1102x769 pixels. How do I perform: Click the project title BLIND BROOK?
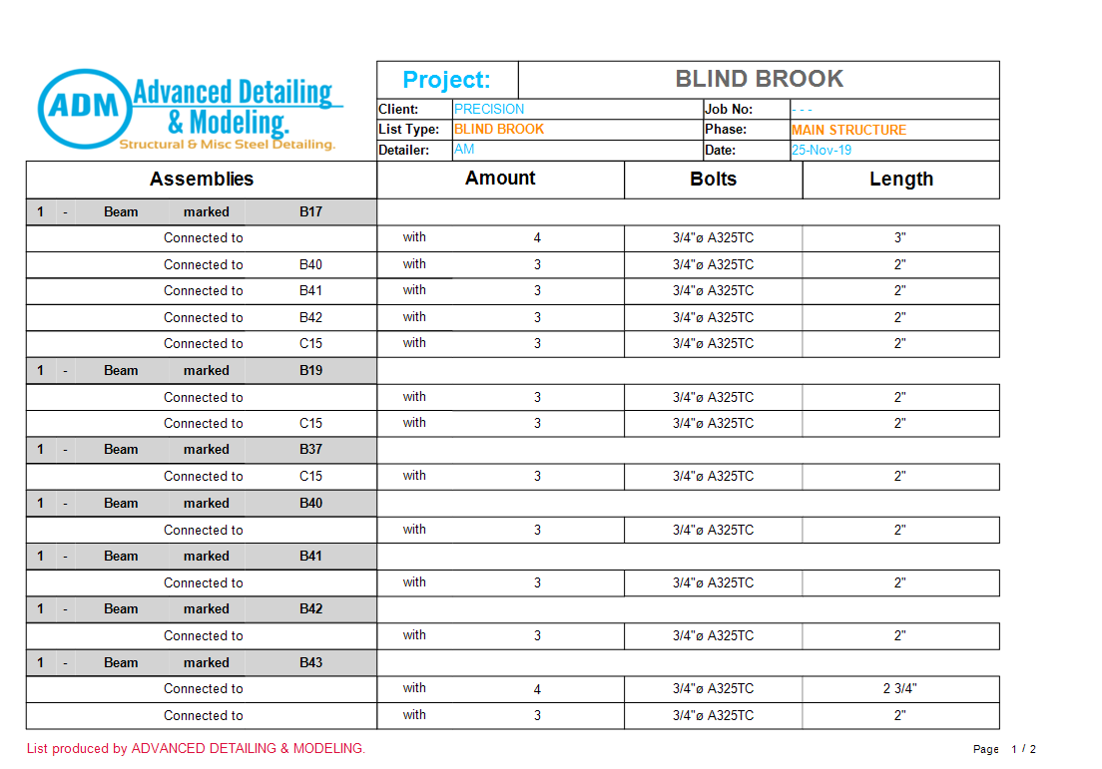coord(759,79)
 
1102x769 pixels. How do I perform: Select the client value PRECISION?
coord(488,109)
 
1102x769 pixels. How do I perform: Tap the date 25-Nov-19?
coord(822,151)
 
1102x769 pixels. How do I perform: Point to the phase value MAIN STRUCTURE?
coord(848,130)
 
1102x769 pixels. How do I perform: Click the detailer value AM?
coord(464,150)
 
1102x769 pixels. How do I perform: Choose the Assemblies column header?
coord(202,180)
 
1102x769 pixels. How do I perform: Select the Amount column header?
coord(500,179)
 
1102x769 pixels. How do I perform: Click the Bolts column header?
coord(713,180)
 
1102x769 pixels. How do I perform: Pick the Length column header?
coord(900,180)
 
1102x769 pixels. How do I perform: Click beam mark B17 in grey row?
coord(310,211)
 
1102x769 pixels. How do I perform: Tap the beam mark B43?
coord(310,662)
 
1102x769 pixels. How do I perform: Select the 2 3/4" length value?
coord(899,688)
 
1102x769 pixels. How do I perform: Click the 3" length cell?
coord(899,237)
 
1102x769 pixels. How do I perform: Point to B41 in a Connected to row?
coord(310,290)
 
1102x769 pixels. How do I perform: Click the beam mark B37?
coord(310,449)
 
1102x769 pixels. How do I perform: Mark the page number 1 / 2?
coord(1023,749)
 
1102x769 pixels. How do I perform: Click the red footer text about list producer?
coord(196,748)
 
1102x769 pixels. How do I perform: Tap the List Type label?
coord(408,130)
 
